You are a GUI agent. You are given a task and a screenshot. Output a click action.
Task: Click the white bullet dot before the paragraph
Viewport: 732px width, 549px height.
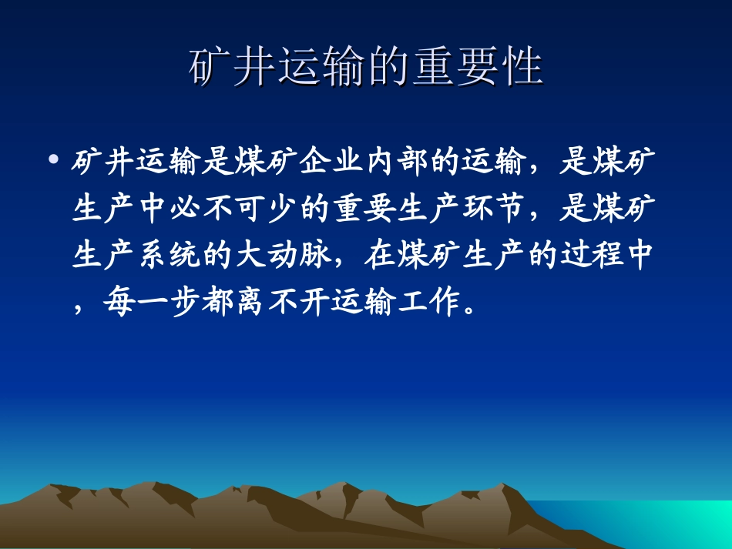[x=53, y=161]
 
